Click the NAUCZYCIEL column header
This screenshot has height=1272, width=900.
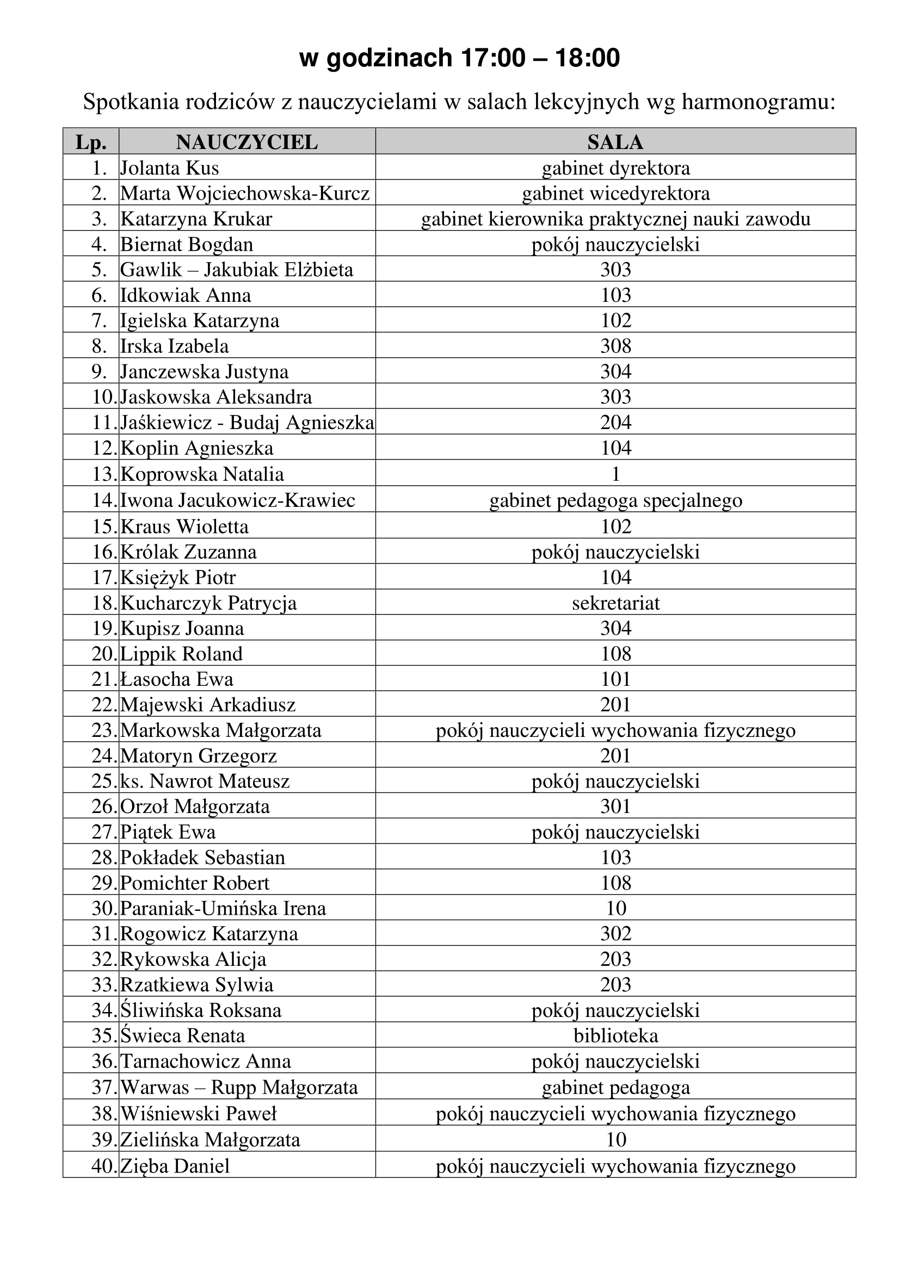246,142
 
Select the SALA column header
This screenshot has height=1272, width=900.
615,142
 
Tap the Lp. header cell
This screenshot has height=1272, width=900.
91,142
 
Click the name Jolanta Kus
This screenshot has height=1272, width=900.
170,168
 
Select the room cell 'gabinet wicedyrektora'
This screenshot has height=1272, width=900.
615,194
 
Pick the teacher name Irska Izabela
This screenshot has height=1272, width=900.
175,346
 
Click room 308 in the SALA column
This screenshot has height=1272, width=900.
616,346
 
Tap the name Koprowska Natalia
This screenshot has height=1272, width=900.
202,474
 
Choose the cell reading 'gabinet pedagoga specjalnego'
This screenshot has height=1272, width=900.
615,500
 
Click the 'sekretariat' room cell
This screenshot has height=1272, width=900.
616,603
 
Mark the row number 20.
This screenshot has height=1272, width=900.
103,654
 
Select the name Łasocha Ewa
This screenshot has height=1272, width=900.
177,679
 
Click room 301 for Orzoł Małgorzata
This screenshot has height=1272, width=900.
616,806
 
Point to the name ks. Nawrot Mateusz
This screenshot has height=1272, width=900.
205,781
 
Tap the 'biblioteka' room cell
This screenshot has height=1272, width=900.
616,1035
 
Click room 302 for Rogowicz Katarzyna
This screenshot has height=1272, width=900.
616,934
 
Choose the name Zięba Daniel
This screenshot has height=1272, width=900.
175,1166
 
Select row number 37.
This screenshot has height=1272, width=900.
103,1087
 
